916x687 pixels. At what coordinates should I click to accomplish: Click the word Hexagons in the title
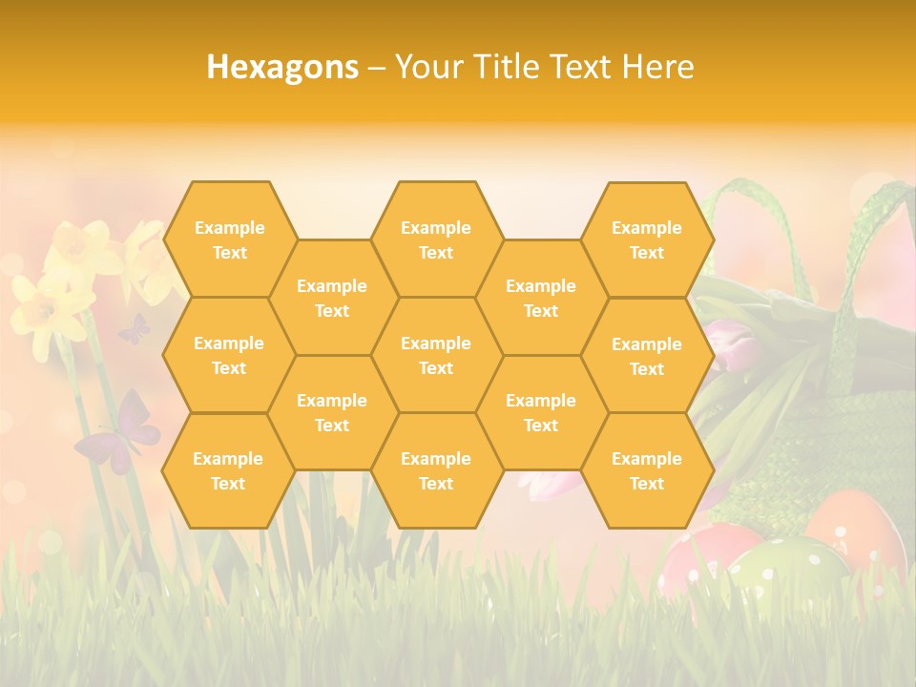(282, 67)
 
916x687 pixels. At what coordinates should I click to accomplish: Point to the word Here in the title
(657, 67)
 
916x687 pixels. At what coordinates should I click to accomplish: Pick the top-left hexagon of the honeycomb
(229, 239)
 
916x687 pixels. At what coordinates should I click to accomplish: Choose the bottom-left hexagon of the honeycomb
(228, 470)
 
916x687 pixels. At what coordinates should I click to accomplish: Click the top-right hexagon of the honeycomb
(647, 239)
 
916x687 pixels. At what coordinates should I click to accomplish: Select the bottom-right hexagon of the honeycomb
(647, 470)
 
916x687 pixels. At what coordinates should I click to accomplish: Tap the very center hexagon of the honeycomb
(436, 355)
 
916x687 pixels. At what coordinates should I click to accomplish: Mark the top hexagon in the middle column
(436, 239)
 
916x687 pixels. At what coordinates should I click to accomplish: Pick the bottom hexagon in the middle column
(436, 470)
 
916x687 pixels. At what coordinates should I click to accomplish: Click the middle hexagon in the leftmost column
(229, 355)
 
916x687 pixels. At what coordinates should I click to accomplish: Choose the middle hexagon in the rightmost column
(647, 356)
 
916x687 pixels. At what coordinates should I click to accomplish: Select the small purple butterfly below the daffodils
(134, 329)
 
